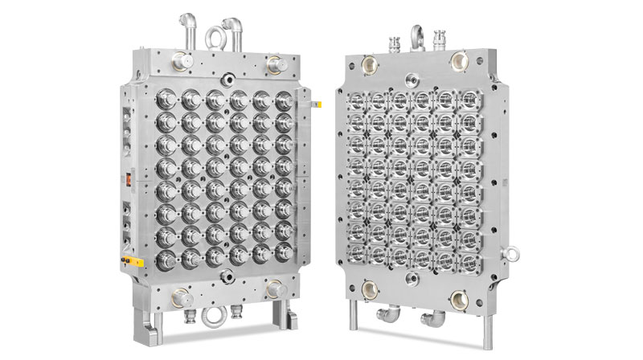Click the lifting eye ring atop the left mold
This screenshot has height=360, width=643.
point(214,36)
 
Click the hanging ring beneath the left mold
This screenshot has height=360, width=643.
point(214,313)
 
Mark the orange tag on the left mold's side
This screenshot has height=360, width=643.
point(125,178)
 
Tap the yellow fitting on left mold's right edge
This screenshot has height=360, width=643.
point(316,104)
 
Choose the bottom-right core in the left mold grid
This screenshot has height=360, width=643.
point(284,260)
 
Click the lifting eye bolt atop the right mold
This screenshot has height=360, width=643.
point(417,35)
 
